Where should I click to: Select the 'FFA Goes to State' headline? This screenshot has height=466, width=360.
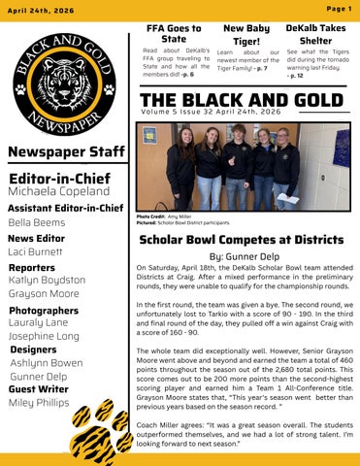174,34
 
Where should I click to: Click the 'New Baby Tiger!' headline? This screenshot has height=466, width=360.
246,35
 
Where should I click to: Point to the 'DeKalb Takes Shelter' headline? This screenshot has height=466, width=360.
315,35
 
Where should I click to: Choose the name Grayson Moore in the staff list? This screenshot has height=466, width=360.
44,292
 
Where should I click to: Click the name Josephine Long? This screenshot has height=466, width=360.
44,335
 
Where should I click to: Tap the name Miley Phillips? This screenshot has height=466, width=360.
40,403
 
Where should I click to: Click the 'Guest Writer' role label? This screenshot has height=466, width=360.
40,388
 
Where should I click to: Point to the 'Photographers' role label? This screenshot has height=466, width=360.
43,310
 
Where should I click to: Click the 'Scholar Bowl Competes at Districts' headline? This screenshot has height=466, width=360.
244,239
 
